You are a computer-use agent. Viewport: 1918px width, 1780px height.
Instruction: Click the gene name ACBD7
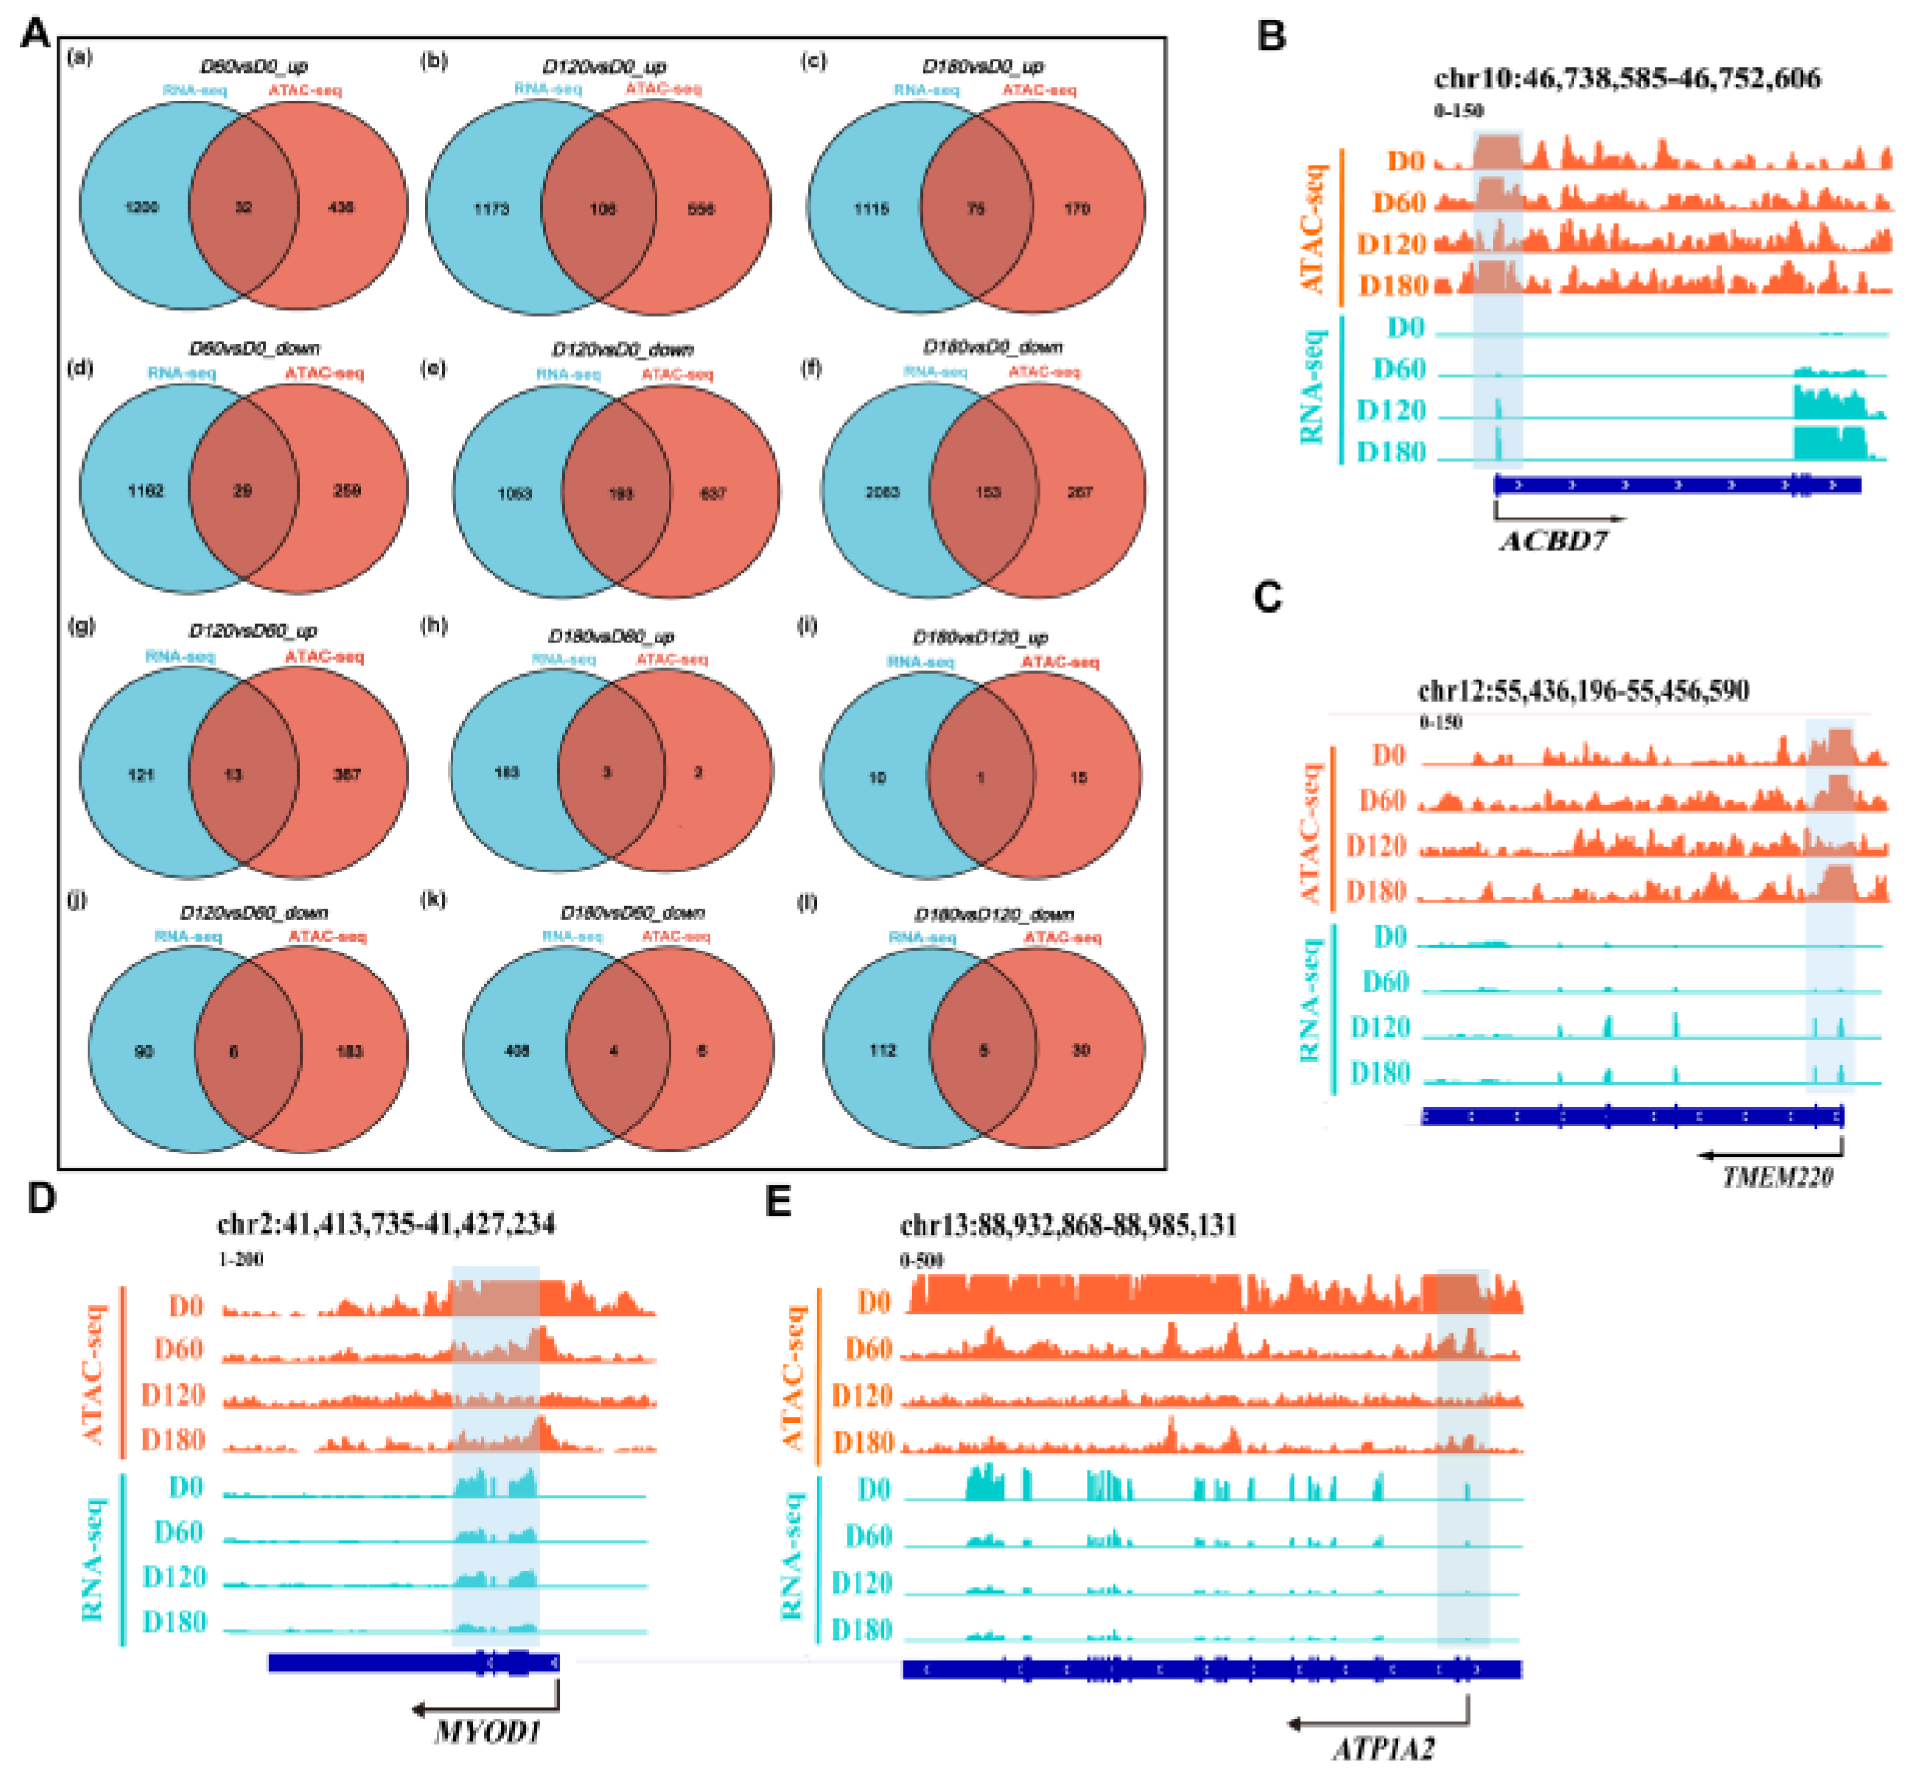(x=1552, y=541)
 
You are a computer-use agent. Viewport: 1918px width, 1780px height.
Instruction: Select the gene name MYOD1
(x=488, y=1732)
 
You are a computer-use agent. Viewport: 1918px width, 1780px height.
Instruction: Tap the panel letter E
(x=777, y=1201)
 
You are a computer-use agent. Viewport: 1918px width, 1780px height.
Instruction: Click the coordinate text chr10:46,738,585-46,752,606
(x=1628, y=78)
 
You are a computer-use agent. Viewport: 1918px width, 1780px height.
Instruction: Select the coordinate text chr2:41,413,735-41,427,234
(x=386, y=1223)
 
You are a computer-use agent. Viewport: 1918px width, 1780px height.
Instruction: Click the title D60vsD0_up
(x=253, y=66)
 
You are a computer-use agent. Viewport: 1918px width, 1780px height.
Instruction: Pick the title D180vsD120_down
(x=993, y=913)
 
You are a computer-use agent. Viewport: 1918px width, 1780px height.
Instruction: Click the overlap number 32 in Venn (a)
(x=244, y=207)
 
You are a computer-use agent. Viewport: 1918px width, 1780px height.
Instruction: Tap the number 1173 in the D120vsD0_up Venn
(x=492, y=209)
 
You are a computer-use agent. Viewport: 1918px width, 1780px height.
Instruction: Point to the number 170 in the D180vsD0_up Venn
(x=1077, y=209)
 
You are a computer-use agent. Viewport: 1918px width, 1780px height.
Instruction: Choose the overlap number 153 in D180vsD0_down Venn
(x=988, y=492)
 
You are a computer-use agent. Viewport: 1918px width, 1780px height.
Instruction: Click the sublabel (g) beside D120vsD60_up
(x=81, y=627)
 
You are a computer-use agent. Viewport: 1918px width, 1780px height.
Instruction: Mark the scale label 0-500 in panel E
(x=922, y=1260)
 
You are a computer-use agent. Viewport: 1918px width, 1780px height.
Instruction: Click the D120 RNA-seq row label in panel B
(x=1391, y=411)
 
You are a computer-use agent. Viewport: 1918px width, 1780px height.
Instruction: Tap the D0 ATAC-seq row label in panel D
(x=186, y=1305)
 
